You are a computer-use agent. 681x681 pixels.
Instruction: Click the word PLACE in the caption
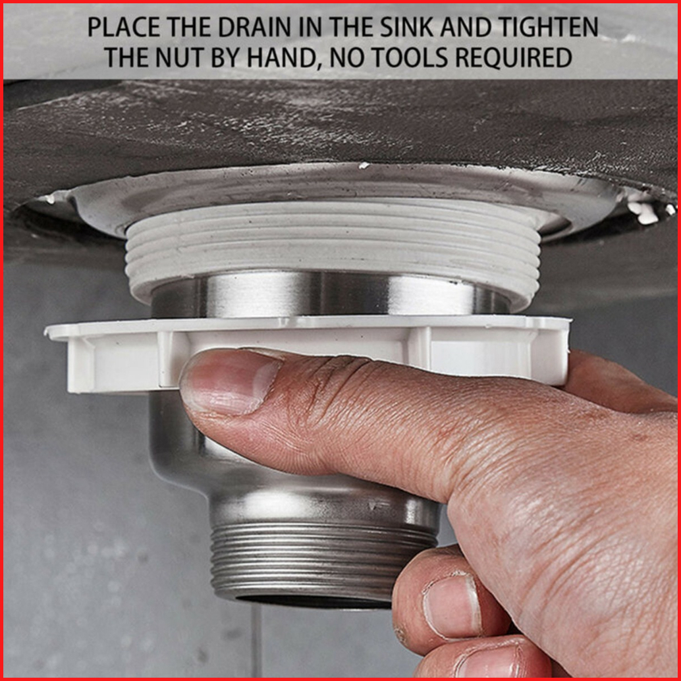[124, 27]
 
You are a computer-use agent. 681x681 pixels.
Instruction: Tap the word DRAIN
[254, 27]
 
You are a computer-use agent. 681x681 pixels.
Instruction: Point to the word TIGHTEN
[548, 27]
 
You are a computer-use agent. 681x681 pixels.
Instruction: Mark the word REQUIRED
[513, 57]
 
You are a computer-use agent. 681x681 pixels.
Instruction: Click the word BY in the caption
[227, 57]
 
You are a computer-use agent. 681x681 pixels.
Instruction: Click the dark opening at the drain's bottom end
[313, 601]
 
